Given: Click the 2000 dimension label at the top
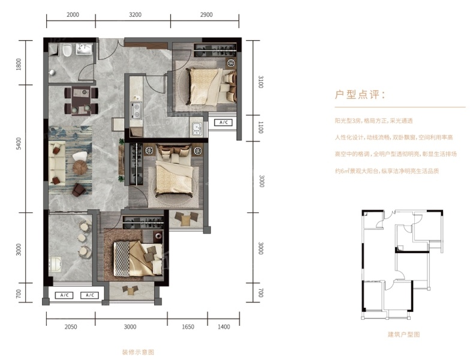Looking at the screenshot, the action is tap(73, 14).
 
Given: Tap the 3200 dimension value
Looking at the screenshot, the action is tap(135, 14).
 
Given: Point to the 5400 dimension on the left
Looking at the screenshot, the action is tap(19, 144).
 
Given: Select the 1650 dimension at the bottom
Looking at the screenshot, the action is tap(188, 327).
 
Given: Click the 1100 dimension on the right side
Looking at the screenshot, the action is tap(261, 127).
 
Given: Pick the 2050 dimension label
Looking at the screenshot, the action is tap(71, 327).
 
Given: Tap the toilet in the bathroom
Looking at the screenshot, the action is tap(67, 50).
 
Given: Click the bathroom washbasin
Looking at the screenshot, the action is tap(84, 49).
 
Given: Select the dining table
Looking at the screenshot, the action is tap(81, 101).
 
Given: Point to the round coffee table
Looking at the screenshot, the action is tap(80, 167).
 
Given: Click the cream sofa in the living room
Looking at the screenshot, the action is tap(58, 163).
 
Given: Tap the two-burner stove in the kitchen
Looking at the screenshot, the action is tap(136, 110).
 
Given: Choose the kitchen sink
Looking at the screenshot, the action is tap(197, 129).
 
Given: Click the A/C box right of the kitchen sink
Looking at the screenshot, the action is tap(223, 122).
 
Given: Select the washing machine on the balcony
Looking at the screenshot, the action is tap(56, 265).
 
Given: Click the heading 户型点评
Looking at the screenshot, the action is tap(360, 95).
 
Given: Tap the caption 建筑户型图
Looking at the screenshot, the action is tap(403, 334).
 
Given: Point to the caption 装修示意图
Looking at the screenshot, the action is tap(138, 352).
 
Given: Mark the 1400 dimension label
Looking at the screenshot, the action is tap(224, 327).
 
